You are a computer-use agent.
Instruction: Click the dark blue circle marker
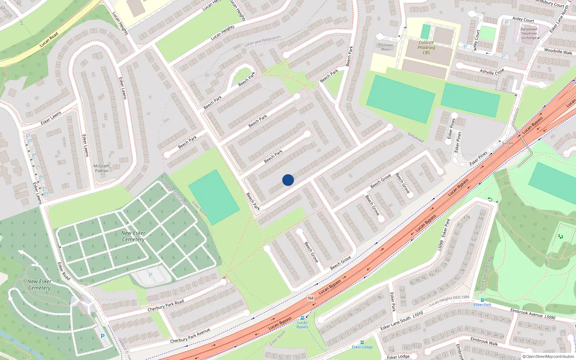tap(288, 180)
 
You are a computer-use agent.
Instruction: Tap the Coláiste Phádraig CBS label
tap(426, 48)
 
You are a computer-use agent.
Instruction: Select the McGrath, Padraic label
tap(102, 168)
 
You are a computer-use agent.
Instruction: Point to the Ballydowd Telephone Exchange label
tap(528, 33)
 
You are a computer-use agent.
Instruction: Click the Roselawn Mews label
tap(385, 47)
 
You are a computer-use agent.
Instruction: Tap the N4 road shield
tap(311, 298)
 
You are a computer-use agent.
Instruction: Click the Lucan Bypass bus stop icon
tap(302, 318)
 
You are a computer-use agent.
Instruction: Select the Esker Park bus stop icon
tap(482, 300)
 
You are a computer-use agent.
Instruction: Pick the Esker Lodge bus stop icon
tap(362, 342)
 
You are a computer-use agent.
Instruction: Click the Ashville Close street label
tap(492, 72)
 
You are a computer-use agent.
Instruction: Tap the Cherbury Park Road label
tap(166, 306)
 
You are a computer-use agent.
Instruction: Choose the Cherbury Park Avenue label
tap(190, 336)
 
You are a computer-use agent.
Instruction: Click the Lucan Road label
tap(49, 40)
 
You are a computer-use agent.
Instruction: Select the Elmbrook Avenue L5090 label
tap(532, 314)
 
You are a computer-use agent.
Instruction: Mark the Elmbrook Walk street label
tap(484, 341)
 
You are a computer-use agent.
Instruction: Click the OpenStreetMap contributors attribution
tap(548, 357)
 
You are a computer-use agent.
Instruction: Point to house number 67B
tap(467, 217)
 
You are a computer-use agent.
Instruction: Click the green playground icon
tap(560, 236)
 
